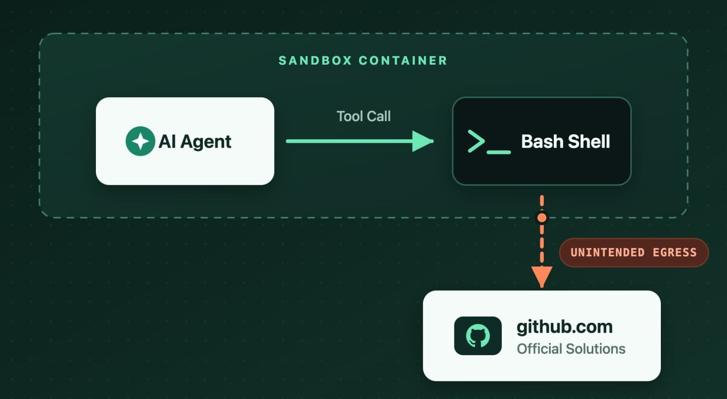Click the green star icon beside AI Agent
(140, 141)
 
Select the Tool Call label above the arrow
(363, 116)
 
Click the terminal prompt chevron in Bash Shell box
(476, 141)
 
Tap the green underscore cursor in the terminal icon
(499, 152)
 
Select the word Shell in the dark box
(589, 141)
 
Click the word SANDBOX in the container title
(315, 61)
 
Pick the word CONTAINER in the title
(403, 61)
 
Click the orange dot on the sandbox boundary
(542, 218)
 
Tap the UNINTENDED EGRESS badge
(634, 253)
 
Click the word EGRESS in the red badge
(674, 253)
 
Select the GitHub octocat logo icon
(478, 336)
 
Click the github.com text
(564, 327)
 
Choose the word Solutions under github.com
(596, 349)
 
